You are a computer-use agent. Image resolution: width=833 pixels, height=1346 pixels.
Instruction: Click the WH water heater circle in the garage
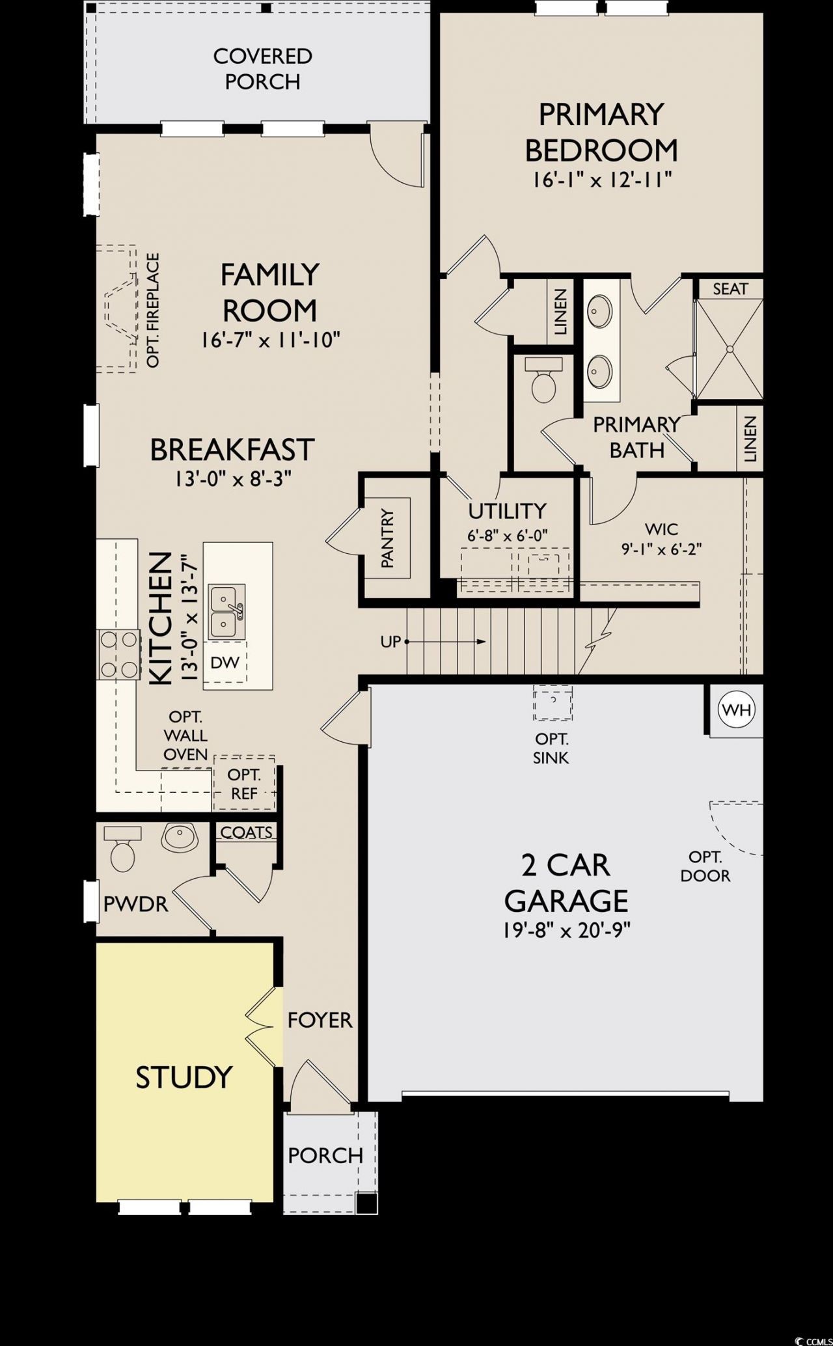tap(736, 709)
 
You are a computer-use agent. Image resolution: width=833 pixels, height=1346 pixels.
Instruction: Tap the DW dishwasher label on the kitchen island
tap(225, 663)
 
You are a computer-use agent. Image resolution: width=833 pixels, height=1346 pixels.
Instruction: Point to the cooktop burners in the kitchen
tap(119, 655)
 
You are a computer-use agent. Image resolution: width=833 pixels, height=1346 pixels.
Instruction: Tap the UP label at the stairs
tap(390, 642)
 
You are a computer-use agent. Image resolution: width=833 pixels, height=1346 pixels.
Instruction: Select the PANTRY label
tap(388, 538)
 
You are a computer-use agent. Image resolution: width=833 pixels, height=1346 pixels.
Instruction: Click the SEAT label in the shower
tap(730, 288)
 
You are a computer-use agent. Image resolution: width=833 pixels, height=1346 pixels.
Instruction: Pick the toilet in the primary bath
tap(543, 381)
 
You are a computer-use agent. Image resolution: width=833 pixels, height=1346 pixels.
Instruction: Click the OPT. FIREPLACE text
tap(154, 310)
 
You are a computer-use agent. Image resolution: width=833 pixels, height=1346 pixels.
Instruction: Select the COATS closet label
tap(247, 832)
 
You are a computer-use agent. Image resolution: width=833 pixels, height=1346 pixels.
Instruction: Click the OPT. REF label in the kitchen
tap(244, 784)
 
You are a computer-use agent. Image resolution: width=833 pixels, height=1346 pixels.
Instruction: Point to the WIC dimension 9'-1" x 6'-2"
tap(661, 549)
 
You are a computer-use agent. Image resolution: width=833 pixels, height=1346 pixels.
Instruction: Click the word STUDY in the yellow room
tap(184, 1077)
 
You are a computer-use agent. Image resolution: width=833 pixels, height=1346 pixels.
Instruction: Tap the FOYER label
tap(320, 1021)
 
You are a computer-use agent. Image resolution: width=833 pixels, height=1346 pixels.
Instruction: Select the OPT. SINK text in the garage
tap(551, 749)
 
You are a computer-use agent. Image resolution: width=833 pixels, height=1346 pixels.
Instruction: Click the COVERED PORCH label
tap(262, 69)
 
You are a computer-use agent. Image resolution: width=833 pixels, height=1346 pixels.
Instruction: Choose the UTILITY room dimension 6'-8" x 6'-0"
tap(508, 536)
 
